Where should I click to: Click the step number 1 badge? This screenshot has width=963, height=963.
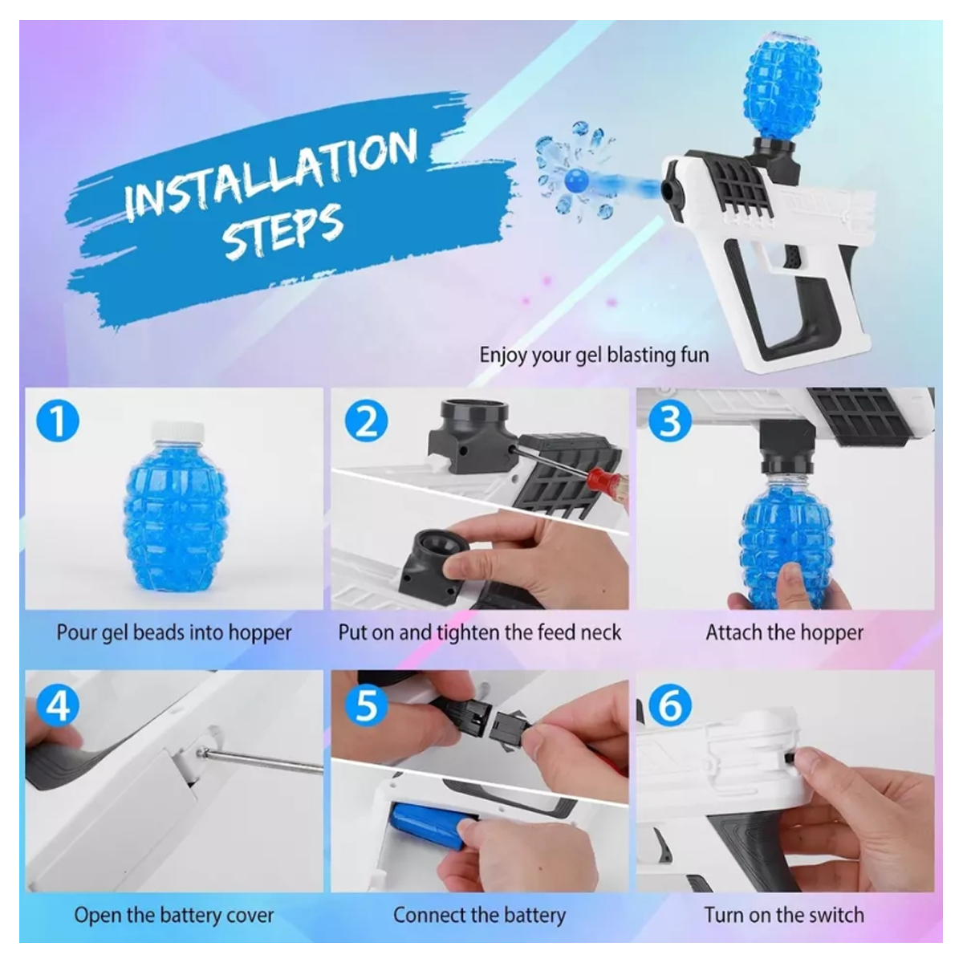(x=59, y=421)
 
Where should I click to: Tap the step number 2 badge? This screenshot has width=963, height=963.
(x=366, y=421)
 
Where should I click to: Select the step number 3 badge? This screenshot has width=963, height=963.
(x=670, y=421)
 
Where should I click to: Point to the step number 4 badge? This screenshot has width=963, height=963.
(x=59, y=705)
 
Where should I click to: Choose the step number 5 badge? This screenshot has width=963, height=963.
(x=366, y=705)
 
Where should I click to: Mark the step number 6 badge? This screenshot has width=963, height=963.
(x=670, y=705)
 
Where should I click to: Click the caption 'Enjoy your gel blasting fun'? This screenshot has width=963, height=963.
(x=594, y=354)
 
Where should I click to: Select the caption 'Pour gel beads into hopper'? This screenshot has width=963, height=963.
(x=173, y=632)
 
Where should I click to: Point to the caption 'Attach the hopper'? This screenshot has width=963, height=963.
(x=784, y=632)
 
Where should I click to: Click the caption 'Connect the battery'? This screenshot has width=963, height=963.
(x=479, y=915)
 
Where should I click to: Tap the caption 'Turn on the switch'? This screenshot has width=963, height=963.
(x=784, y=915)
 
